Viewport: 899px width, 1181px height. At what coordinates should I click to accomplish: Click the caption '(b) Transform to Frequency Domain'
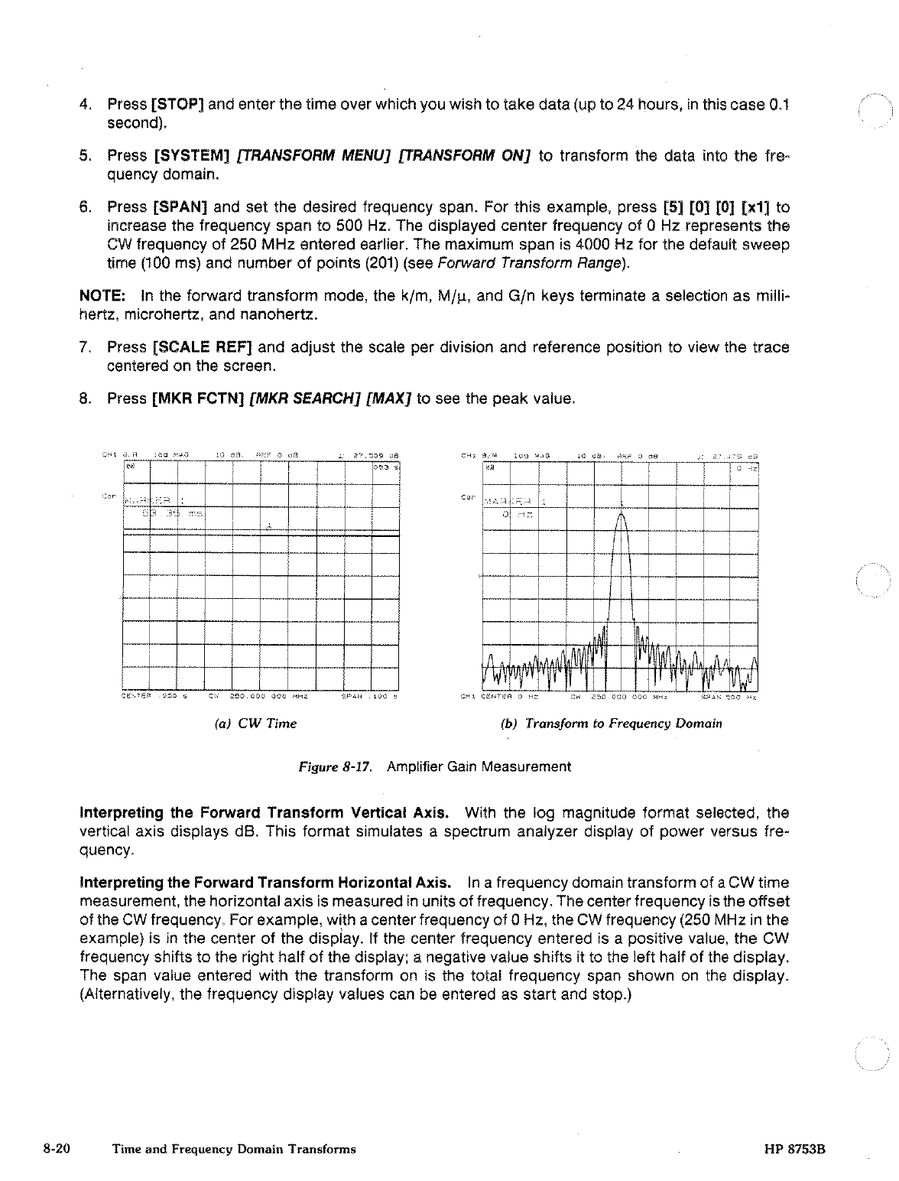click(x=611, y=723)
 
